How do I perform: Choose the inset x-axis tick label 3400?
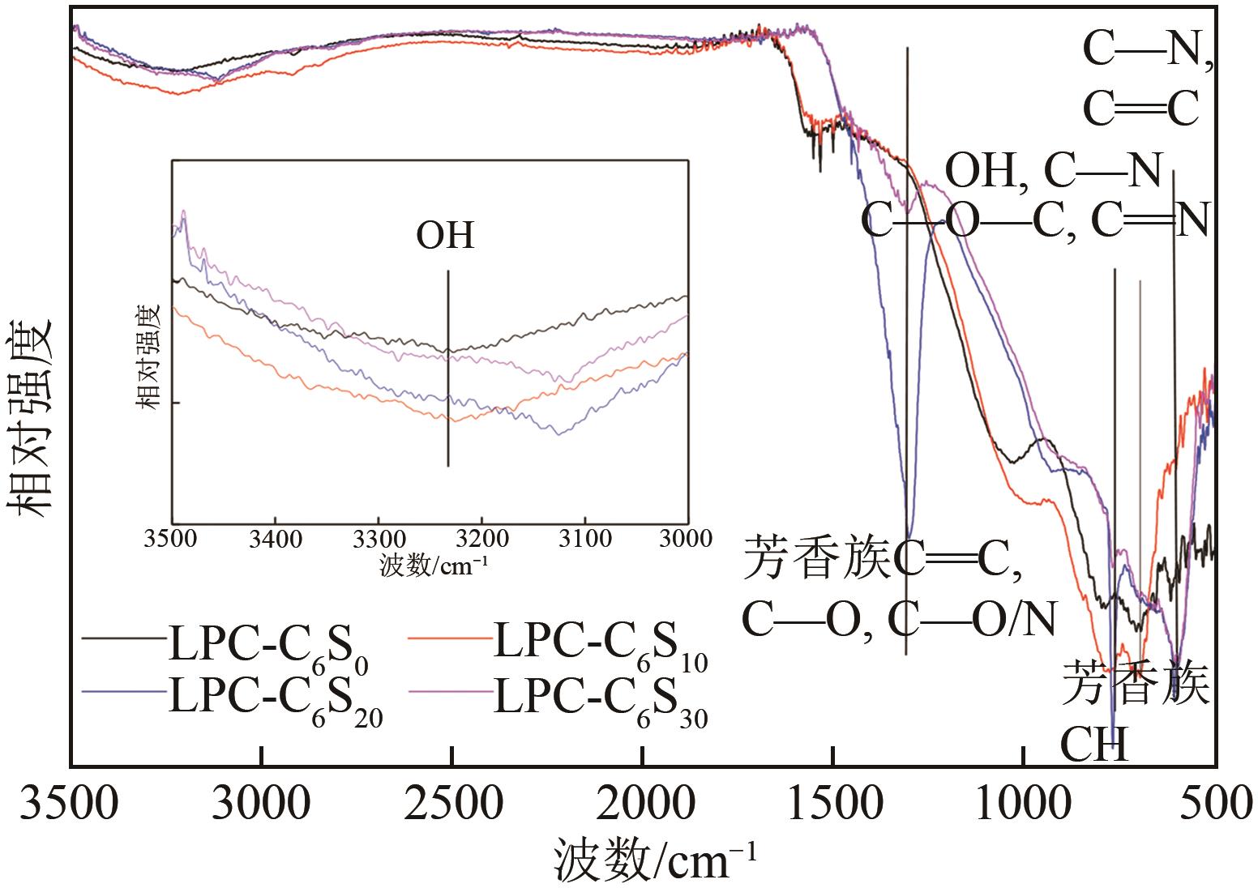[275, 539]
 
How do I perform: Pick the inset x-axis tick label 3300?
[378, 539]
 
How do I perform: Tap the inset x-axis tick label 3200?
[481, 539]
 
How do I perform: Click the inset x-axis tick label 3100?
[584, 539]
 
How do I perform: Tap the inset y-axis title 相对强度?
[149, 357]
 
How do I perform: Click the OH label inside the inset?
[445, 236]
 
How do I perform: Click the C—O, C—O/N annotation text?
[900, 620]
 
